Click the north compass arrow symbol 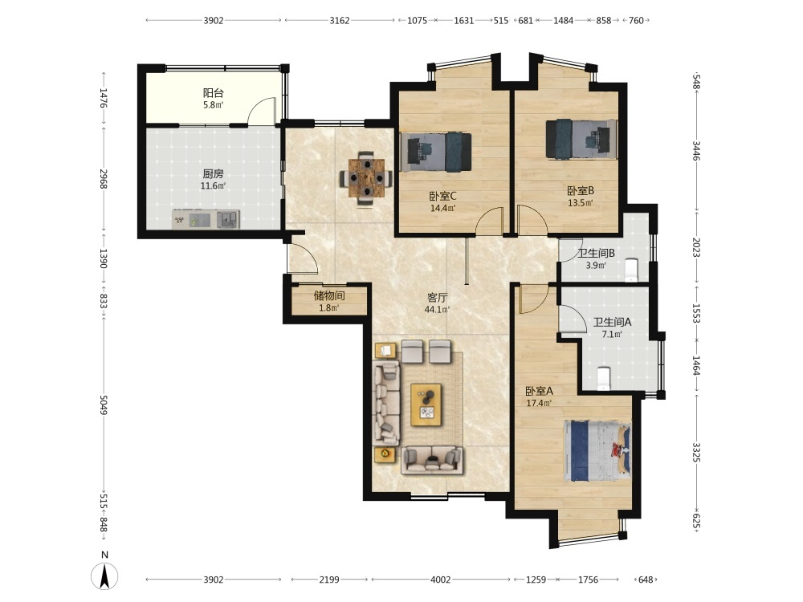[x=104, y=576]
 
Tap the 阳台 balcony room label [x=213, y=93]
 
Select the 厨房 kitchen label [x=213, y=174]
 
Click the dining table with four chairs [x=366, y=178]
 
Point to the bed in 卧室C [x=436, y=152]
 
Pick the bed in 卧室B [x=581, y=139]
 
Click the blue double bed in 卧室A [x=597, y=451]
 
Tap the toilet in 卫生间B [x=631, y=270]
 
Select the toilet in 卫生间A [x=604, y=379]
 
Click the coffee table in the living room [x=426, y=405]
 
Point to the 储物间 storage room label [x=328, y=296]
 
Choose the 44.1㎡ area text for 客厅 [x=437, y=310]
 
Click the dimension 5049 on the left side [x=104, y=405]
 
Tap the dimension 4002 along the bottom [x=440, y=580]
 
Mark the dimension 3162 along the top [x=339, y=21]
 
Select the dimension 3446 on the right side [x=696, y=151]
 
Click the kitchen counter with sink [x=206, y=220]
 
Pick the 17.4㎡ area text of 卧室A [x=539, y=403]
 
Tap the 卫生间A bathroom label [x=612, y=322]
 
